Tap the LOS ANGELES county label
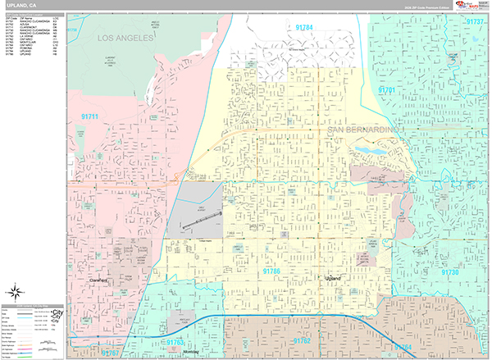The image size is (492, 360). click(x=125, y=39)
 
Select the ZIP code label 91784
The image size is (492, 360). click(x=303, y=28)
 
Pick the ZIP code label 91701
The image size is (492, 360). click(x=387, y=89)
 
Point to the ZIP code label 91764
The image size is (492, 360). click(x=403, y=348)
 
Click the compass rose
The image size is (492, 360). click(x=16, y=291)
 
